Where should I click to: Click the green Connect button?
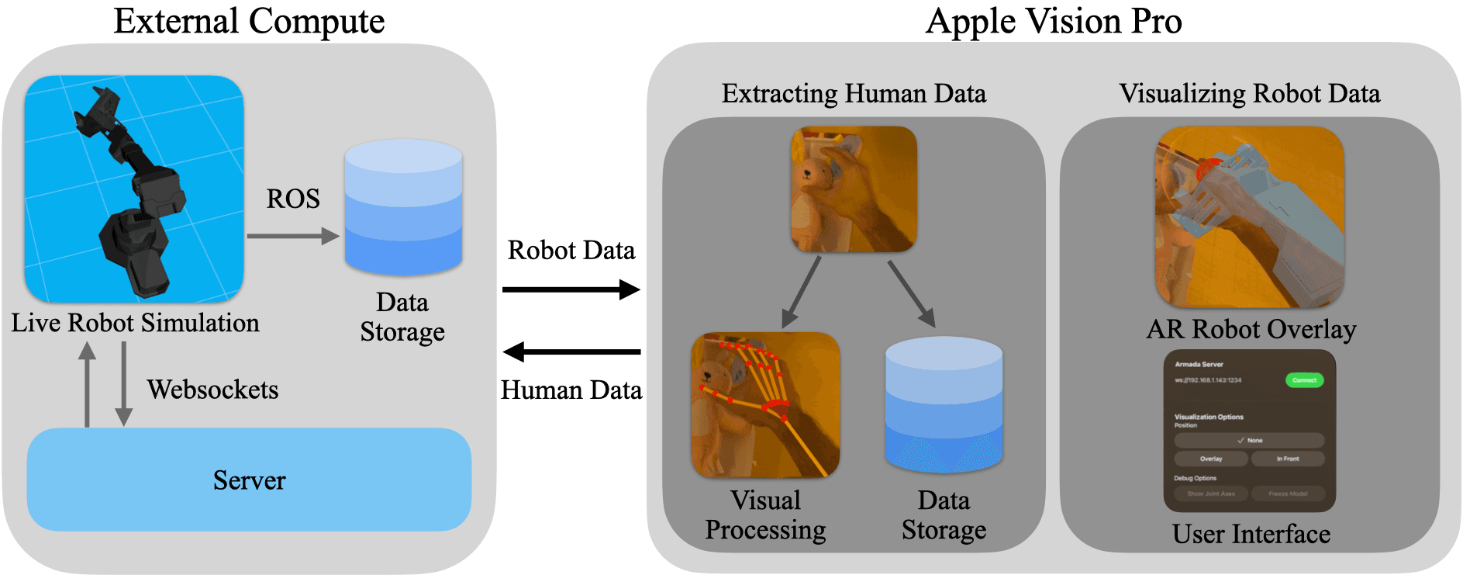click(1304, 380)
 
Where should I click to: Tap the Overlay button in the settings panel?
click(1210, 459)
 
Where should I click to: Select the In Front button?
click(1287, 459)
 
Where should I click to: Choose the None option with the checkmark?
click(1249, 440)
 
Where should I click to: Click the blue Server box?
click(249, 480)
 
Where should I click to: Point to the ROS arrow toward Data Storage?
click(292, 236)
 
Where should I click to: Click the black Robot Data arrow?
click(571, 289)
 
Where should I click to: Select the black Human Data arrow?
click(571, 352)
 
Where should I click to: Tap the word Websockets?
click(212, 390)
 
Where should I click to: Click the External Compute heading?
click(249, 21)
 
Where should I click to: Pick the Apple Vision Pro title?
click(1053, 21)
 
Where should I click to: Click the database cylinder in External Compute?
click(403, 207)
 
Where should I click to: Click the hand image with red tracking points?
click(765, 405)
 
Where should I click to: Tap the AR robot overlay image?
click(1249, 217)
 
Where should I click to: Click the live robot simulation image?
click(134, 189)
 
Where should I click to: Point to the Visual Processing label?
click(765, 514)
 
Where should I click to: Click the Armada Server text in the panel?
click(1199, 364)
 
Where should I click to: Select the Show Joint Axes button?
click(1210, 494)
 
